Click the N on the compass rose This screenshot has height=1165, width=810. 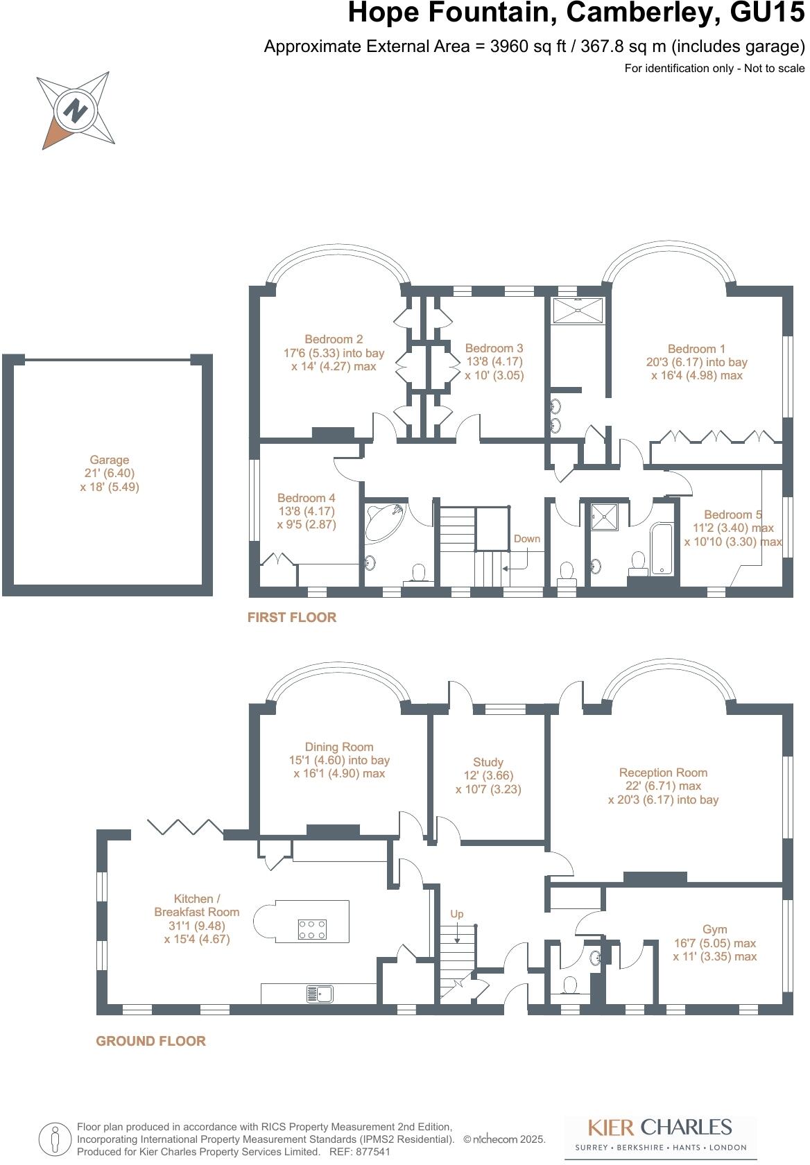click(x=76, y=110)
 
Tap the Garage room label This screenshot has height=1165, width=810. click(x=110, y=460)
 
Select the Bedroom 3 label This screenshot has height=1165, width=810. click(x=494, y=348)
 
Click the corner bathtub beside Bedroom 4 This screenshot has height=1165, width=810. click(x=384, y=520)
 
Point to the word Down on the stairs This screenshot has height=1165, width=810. click(x=527, y=539)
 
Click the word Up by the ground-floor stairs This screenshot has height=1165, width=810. click(x=457, y=914)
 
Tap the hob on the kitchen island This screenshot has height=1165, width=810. click(x=312, y=929)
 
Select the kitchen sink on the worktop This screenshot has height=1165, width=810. click(x=320, y=994)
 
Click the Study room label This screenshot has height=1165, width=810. click(x=488, y=762)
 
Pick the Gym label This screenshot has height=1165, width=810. click(x=715, y=929)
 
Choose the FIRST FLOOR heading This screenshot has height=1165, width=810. click(x=292, y=617)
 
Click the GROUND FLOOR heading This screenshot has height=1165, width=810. click(x=151, y=1041)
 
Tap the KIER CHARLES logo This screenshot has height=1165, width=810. click(x=660, y=1134)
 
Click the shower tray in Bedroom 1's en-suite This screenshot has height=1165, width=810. click(x=578, y=311)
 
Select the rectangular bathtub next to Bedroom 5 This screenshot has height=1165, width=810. click(x=662, y=548)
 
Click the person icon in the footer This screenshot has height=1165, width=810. click(x=55, y=1139)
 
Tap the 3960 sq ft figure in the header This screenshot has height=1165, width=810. click(x=528, y=46)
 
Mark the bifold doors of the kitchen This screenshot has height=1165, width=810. click(x=186, y=827)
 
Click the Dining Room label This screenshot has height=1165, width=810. click(x=339, y=747)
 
